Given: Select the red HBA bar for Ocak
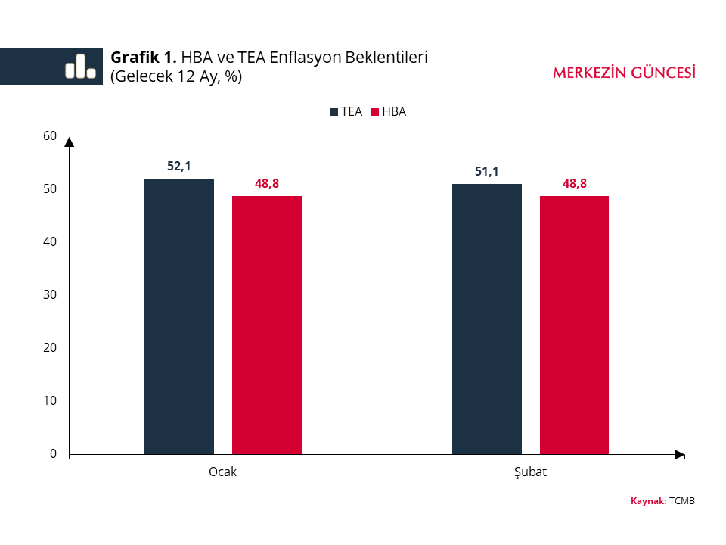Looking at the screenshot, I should (x=267, y=325).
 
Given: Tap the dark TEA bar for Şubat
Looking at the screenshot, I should (x=487, y=319).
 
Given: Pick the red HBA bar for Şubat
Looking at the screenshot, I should (x=574, y=325).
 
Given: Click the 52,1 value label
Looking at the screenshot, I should (x=179, y=167).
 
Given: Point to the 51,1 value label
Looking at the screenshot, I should (x=487, y=172).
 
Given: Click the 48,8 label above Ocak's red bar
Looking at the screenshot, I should (x=267, y=183).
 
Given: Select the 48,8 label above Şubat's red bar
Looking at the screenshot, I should (x=574, y=183).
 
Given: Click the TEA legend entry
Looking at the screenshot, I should (x=346, y=112).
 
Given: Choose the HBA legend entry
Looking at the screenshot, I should (x=389, y=112).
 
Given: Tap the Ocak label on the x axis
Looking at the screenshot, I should (x=222, y=472).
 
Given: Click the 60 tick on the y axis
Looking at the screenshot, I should (x=50, y=136).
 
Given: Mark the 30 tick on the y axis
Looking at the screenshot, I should (x=50, y=295).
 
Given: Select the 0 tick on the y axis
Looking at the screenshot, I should (x=54, y=454).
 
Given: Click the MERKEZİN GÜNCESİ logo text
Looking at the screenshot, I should (x=624, y=73).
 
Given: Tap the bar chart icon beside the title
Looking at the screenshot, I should (x=80, y=67).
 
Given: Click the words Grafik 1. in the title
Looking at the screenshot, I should (x=144, y=58).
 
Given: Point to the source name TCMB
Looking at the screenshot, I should (x=682, y=501).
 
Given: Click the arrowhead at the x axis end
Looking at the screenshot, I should (x=679, y=454).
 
